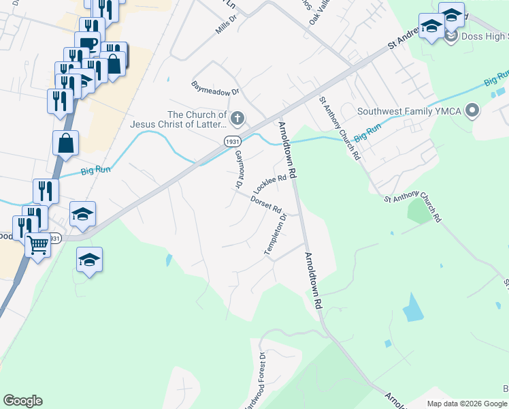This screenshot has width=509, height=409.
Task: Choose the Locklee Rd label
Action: pos(269,182)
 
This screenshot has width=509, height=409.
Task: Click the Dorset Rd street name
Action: pos(266,204)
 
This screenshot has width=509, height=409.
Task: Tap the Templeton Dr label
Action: pos(275,236)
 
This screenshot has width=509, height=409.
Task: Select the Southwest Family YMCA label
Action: pos(410,111)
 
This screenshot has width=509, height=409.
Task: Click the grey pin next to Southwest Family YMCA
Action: pos(473,110)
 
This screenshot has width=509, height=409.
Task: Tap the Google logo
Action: pos(22,401)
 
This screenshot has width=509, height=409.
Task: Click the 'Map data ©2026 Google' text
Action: pos(466,404)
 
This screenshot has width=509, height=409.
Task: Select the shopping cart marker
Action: pos(37,244)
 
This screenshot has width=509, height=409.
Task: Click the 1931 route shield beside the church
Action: pos(233,140)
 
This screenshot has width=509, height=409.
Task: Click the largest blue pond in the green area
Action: pos(412,308)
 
